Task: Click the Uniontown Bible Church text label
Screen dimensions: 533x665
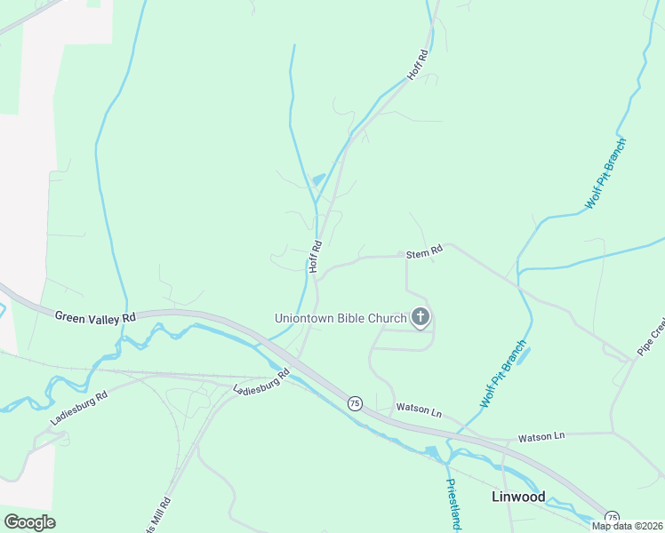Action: [x=341, y=317]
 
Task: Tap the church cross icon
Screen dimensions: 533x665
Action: [x=421, y=317]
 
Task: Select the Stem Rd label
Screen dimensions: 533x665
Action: [x=424, y=253]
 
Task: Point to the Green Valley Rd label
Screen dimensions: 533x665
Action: [x=95, y=316]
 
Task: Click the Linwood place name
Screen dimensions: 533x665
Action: [x=518, y=497]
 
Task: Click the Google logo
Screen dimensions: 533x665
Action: [x=29, y=522]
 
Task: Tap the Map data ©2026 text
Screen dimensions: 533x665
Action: [x=627, y=526]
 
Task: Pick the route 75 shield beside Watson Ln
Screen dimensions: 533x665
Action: [x=355, y=402]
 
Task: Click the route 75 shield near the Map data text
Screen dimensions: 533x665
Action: [x=612, y=517]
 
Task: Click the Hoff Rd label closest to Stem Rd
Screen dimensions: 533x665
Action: [x=314, y=256]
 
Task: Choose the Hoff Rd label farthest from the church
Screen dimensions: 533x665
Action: [x=418, y=66]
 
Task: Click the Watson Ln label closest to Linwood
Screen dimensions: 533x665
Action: [x=541, y=436]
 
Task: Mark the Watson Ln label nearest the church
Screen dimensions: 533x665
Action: [x=418, y=411]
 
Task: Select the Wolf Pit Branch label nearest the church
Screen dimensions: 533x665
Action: [x=503, y=373]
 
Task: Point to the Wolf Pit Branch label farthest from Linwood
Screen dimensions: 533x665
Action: [x=605, y=174]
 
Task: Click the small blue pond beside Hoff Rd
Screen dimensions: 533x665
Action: [x=317, y=180]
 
